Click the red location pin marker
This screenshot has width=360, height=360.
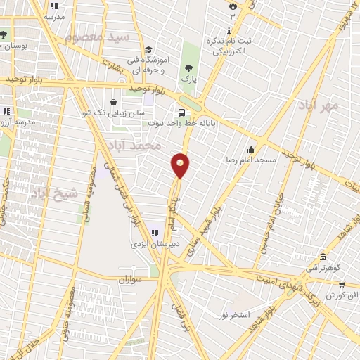click(x=181, y=165)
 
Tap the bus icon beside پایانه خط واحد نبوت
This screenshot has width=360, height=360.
click(x=183, y=112)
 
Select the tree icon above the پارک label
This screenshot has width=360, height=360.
click(x=188, y=68)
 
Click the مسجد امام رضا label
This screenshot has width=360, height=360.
click(x=252, y=160)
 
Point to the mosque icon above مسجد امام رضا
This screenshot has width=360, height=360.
click(x=252, y=149)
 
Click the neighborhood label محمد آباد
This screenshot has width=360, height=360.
click(x=135, y=146)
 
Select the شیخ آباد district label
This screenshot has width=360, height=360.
click(x=49, y=191)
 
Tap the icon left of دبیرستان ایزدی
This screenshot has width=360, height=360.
click(x=154, y=233)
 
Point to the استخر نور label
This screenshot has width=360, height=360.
click(x=234, y=315)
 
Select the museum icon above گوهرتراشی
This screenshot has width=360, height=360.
click(x=323, y=257)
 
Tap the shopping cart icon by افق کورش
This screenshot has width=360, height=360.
click(x=342, y=284)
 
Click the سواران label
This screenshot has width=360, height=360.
click(x=131, y=279)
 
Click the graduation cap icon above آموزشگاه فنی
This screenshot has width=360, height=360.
click(x=148, y=49)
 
